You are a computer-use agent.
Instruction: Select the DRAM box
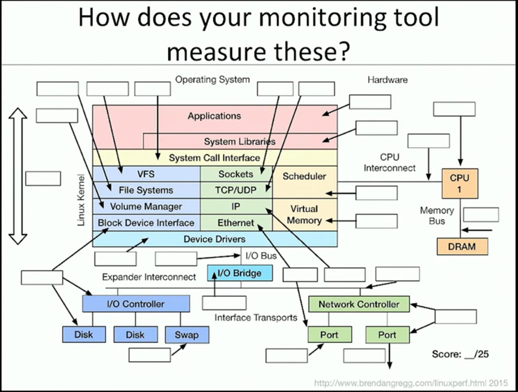tap(462, 247)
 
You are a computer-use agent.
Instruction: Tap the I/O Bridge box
tap(240, 273)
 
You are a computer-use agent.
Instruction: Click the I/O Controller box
tap(136, 304)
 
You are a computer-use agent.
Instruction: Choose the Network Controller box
tap(359, 304)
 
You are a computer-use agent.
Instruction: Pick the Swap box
tap(186, 335)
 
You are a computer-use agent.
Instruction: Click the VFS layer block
tap(146, 174)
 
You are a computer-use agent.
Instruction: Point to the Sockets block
tap(236, 174)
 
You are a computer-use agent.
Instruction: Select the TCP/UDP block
tap(236, 190)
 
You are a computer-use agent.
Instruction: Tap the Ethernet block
tap(236, 223)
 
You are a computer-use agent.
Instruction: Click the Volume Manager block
tap(146, 206)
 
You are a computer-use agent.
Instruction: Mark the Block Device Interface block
tap(146, 222)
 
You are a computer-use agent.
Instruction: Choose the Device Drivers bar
tap(215, 239)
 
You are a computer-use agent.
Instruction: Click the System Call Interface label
tap(215, 158)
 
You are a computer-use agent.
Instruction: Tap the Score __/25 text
tap(460, 354)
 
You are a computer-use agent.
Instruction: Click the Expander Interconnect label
tap(149, 277)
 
